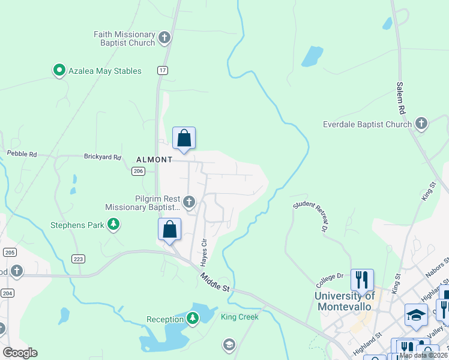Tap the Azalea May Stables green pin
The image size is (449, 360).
pos(59,71)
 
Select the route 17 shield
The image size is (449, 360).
pos(163,70)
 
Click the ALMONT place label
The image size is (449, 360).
pos(154,160)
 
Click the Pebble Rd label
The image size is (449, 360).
pos(22,154)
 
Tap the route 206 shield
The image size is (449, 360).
pos(137,171)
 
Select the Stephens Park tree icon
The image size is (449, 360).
pos(113,226)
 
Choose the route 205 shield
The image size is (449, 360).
pos(10,252)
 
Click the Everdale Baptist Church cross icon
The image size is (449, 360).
pos(421,125)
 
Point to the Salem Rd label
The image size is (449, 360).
pos(400,99)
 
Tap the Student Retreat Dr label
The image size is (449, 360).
pos(312,216)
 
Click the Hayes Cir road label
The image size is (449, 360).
pos(203,252)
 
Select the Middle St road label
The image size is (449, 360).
pos(215,282)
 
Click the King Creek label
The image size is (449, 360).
pos(240,317)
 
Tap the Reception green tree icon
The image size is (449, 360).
pos(193,319)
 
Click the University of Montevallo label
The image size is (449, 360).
pos(345,301)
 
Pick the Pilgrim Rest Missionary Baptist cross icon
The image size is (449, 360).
pos(189,202)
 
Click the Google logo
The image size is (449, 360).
pos(20,353)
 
